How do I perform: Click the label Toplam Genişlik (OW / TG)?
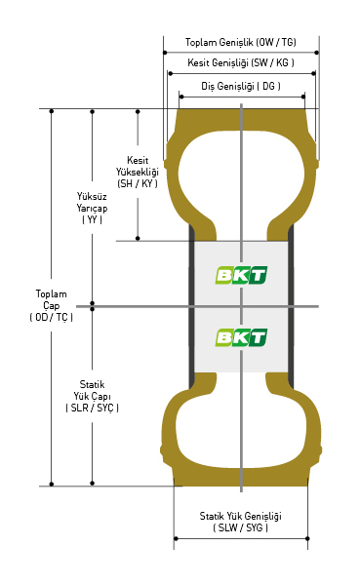pyautogui.click(x=241, y=42)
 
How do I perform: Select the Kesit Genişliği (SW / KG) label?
pyautogui.click(x=241, y=62)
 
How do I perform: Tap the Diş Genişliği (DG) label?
pyautogui.click(x=241, y=86)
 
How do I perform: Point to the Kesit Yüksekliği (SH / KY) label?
pyautogui.click(x=137, y=172)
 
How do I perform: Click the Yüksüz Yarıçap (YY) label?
pyautogui.click(x=92, y=208)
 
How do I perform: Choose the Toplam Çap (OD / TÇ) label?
pyautogui.click(x=51, y=305)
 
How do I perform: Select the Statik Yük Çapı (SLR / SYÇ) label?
pyautogui.click(x=92, y=396)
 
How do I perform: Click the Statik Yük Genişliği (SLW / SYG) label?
pyautogui.click(x=241, y=522)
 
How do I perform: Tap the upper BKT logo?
pyautogui.click(x=241, y=275)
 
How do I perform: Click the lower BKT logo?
pyautogui.click(x=241, y=337)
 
